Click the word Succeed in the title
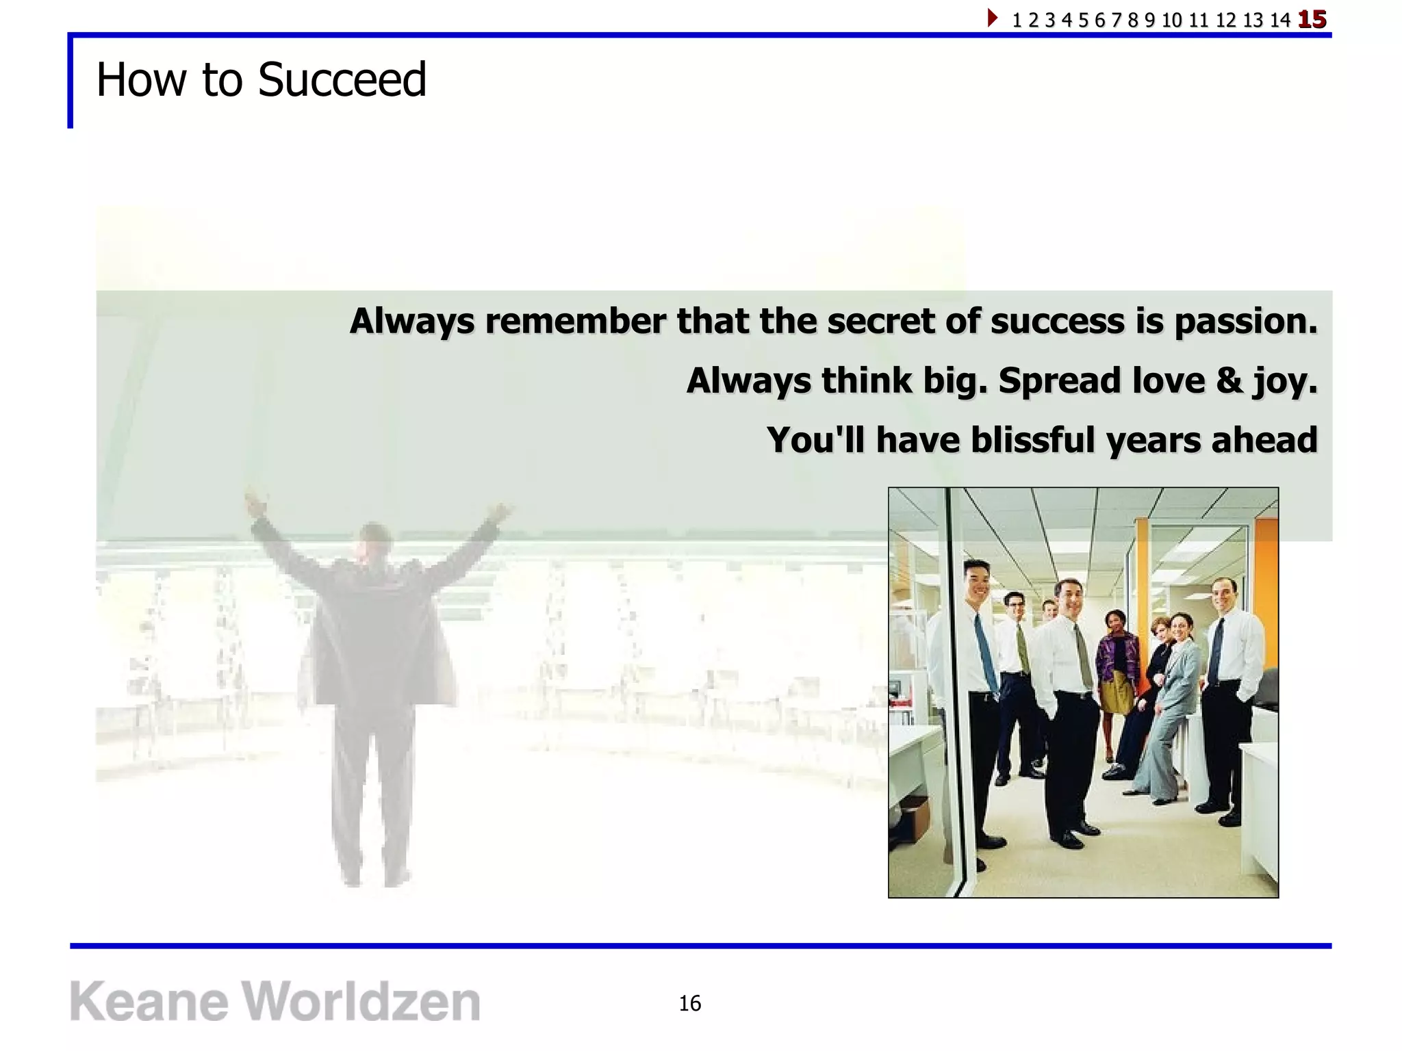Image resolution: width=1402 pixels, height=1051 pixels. point(342,80)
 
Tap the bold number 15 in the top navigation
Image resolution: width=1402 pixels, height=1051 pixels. point(1312,20)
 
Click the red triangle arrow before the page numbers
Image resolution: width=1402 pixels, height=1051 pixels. point(992,18)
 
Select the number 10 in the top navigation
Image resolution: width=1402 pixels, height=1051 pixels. point(1171,21)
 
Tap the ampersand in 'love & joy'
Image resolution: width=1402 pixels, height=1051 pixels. point(1229,380)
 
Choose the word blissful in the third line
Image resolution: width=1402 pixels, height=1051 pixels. point(1033,440)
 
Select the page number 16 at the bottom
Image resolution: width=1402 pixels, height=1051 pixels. point(689,1003)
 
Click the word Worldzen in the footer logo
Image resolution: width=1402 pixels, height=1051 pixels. point(361,1002)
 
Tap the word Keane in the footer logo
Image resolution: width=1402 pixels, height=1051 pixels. point(149,1002)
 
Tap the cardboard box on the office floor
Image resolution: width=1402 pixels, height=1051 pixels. point(914,818)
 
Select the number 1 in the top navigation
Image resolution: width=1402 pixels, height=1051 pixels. point(1017,21)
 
